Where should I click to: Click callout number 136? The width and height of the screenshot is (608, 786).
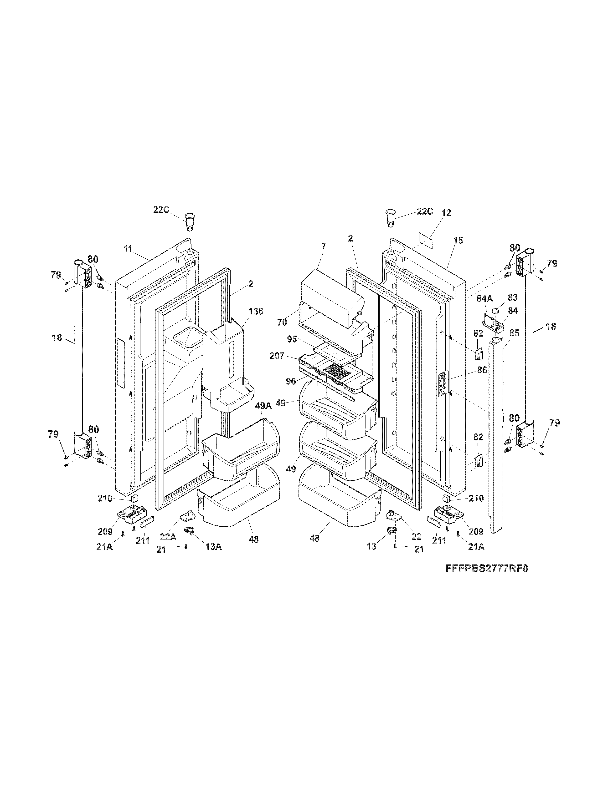click(x=256, y=311)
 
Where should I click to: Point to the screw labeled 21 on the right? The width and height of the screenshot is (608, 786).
click(x=395, y=546)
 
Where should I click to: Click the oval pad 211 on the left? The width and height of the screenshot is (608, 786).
click(x=147, y=520)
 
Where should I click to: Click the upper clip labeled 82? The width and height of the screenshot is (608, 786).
click(x=477, y=354)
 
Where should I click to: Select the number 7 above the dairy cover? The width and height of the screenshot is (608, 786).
click(x=324, y=247)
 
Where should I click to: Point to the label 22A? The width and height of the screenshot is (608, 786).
click(x=168, y=537)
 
